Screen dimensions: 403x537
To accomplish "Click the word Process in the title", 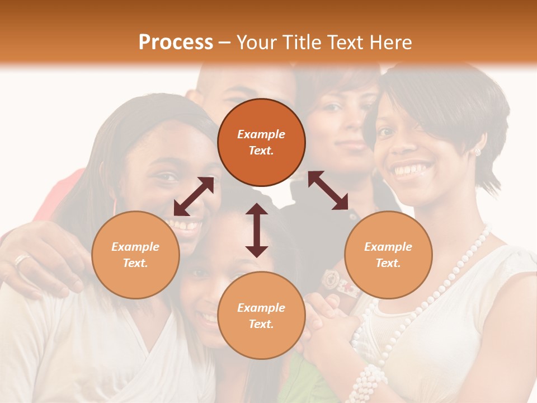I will [x=176, y=43].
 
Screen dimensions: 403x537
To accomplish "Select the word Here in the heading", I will [x=390, y=43].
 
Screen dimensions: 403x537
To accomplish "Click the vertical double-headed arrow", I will [x=257, y=230].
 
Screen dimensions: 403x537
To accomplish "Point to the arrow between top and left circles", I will [x=194, y=196].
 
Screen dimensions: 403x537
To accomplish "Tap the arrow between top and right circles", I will [x=328, y=190].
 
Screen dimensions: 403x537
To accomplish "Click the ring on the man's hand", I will [x=22, y=261].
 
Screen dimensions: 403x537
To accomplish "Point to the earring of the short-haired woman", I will [x=477, y=152].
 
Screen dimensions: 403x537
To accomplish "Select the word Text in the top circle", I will [x=261, y=151].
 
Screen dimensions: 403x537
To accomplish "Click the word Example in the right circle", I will [x=388, y=247].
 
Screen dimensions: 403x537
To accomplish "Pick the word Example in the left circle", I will [x=135, y=247].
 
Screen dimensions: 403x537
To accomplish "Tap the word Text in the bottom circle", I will [x=261, y=324].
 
